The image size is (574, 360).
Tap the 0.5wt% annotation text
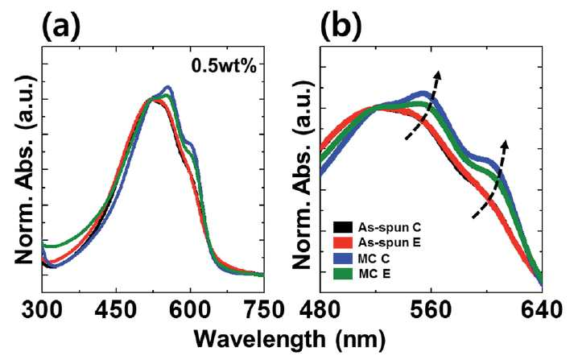coord(224,66)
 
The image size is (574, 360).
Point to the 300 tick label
coord(42,310)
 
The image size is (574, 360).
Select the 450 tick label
coord(116,310)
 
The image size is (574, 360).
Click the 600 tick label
coord(190,310)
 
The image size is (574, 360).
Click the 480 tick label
coord(321,310)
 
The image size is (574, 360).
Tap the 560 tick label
coord(432,310)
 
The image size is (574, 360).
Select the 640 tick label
coord(542,310)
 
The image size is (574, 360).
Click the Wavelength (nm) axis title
coord(290,340)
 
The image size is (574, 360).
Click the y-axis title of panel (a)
coord(25,170)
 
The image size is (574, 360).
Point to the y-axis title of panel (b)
coord(304,175)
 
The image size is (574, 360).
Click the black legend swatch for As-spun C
coord(343,227)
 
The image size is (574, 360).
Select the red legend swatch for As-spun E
coord(343,242)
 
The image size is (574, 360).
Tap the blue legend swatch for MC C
coord(343,259)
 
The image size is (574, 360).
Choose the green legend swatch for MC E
coord(343,274)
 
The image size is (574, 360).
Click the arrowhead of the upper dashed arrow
coord(437,74)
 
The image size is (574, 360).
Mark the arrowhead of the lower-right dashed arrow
coord(506,144)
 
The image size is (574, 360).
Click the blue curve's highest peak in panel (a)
coord(168,87)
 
